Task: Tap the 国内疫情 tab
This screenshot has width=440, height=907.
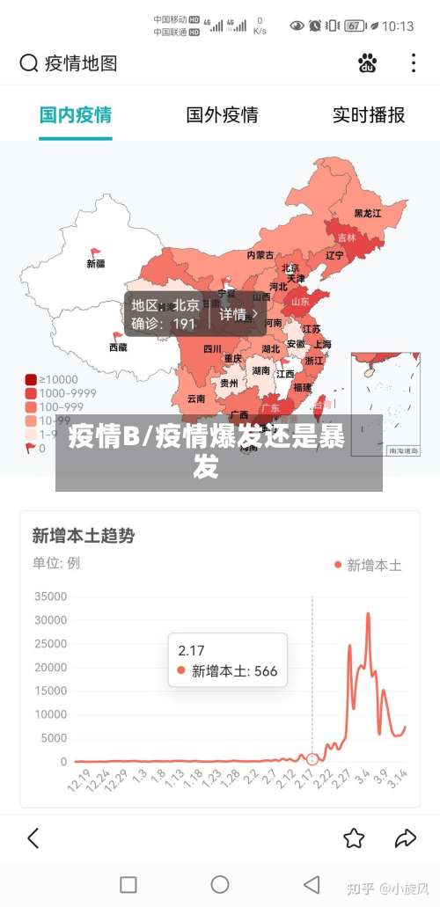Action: coord(76,115)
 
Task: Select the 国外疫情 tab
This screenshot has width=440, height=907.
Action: coord(222,115)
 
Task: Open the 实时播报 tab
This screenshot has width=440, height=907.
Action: coord(368,115)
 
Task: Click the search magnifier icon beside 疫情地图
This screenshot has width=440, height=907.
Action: coord(29,63)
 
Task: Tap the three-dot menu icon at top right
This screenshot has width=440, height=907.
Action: coord(414,63)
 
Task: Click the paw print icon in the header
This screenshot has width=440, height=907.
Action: coord(367,63)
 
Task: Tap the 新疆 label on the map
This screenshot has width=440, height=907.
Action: coord(96,263)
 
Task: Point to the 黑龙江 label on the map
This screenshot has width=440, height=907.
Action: coord(368,213)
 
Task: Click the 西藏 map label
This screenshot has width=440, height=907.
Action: coord(118,347)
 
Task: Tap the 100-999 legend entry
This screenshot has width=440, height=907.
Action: coord(60,407)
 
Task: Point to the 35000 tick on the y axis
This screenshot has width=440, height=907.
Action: coord(50,596)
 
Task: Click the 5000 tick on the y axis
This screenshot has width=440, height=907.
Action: coord(54,738)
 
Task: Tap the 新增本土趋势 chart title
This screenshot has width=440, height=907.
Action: coord(83,535)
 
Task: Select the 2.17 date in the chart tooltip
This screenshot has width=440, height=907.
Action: coord(191,651)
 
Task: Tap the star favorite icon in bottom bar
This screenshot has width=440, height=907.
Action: coord(354,838)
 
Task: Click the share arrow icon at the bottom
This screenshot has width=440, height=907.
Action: coord(406,838)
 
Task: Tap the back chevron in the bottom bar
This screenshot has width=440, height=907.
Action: coord(33,838)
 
